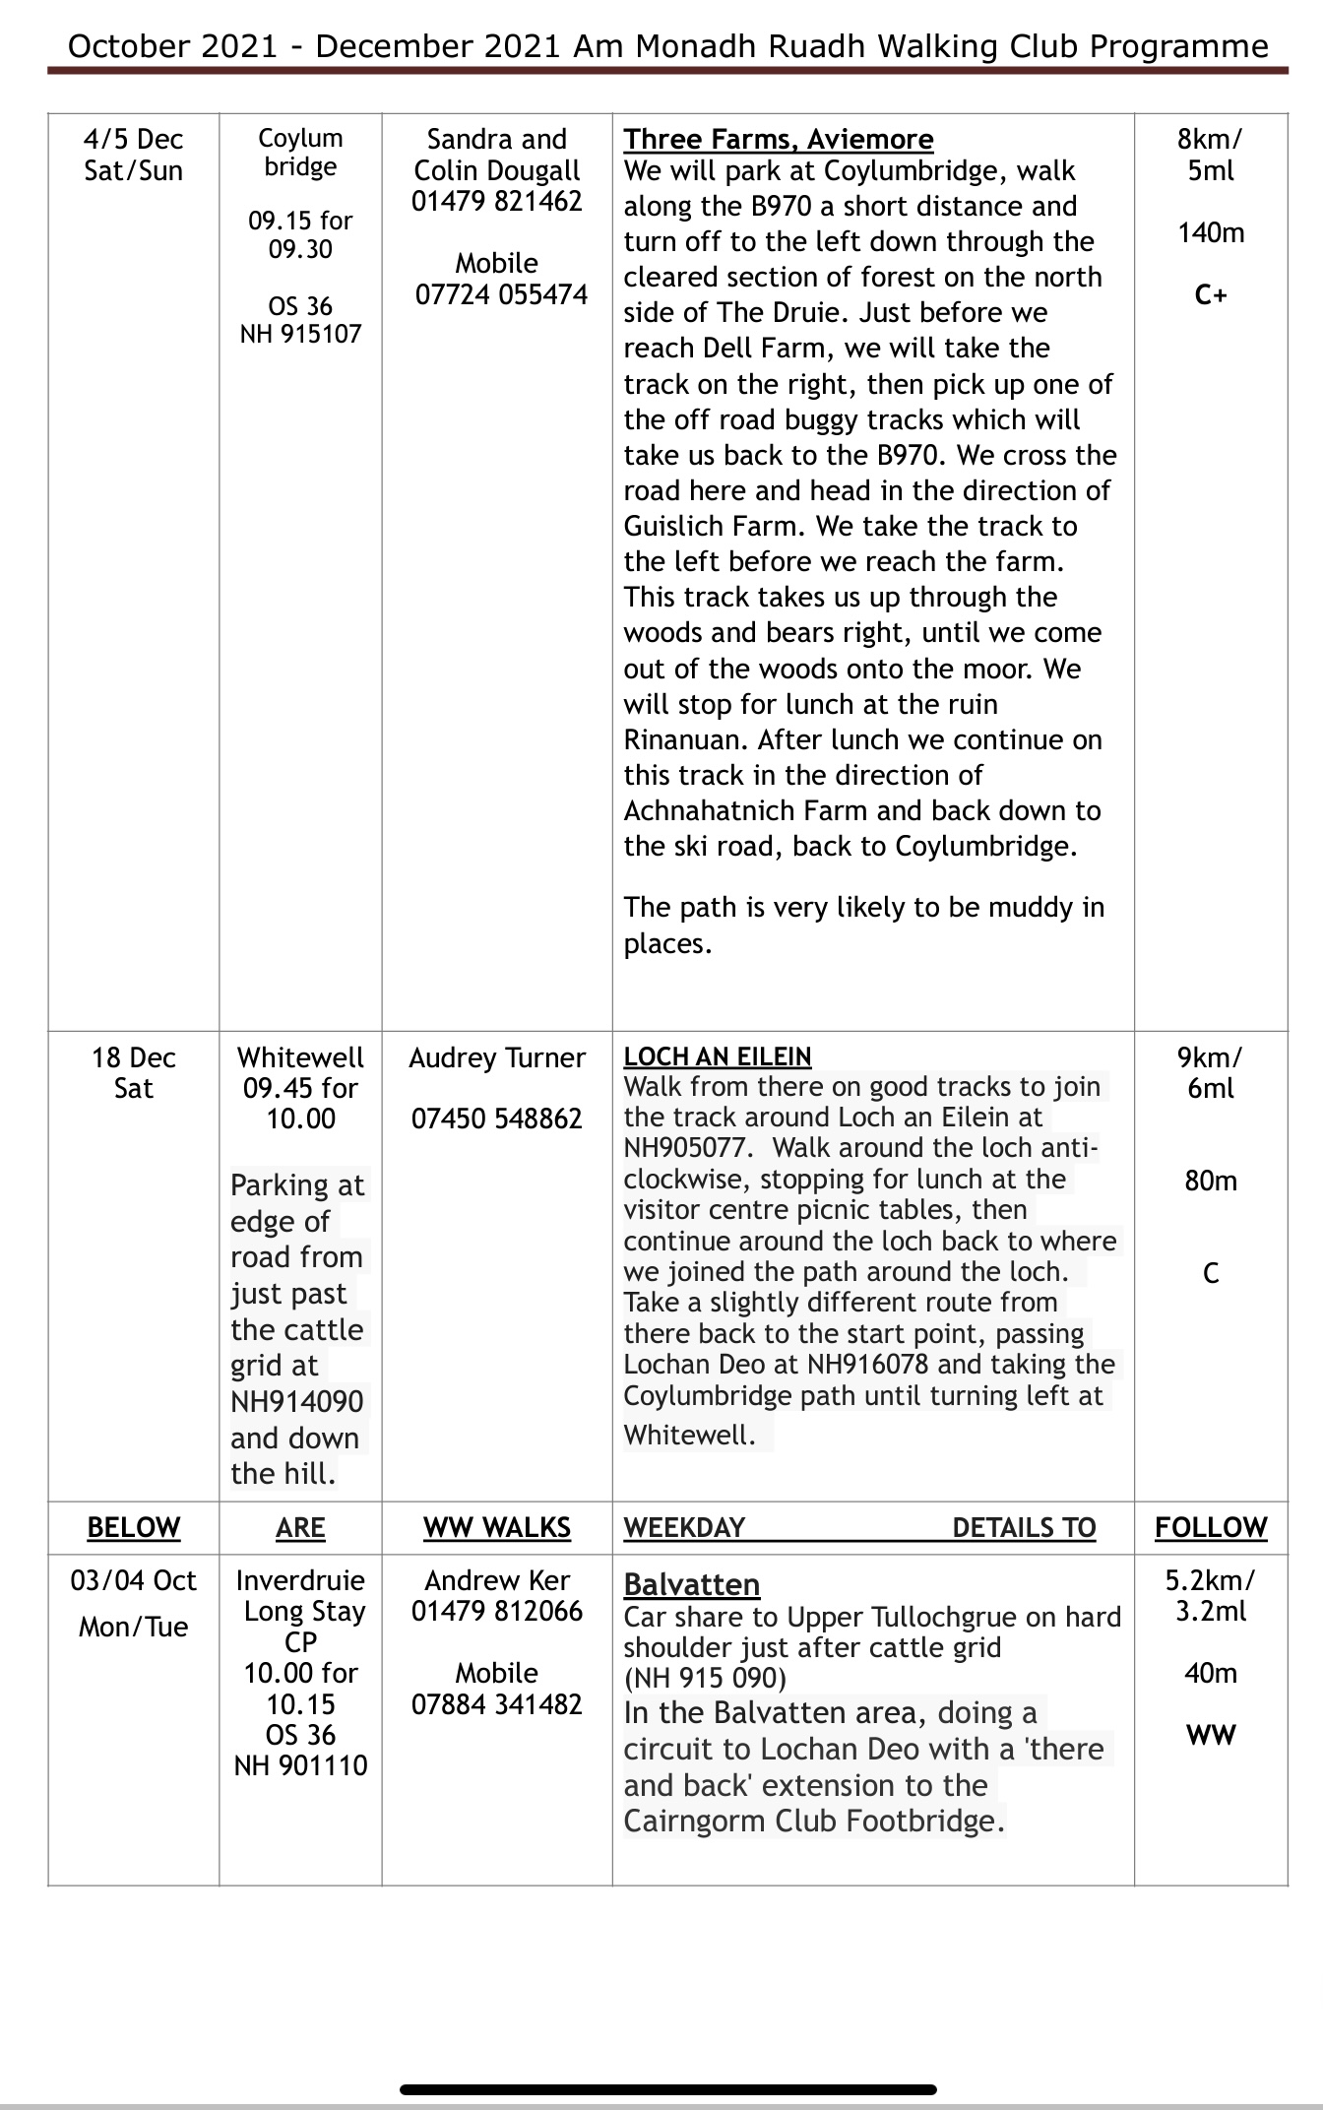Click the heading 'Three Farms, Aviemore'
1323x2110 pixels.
pyautogui.click(x=778, y=139)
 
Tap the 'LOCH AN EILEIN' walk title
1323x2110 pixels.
pyautogui.click(x=717, y=1056)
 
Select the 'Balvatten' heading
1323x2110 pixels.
pyautogui.click(x=691, y=1584)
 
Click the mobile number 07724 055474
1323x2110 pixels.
pyautogui.click(x=501, y=294)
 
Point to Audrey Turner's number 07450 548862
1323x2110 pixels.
pyautogui.click(x=496, y=1119)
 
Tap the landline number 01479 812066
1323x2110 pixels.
pyautogui.click(x=496, y=1611)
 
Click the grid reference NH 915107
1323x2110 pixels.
pyautogui.click(x=300, y=334)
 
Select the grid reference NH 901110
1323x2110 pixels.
pyautogui.click(x=300, y=1765)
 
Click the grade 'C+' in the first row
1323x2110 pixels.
pyautogui.click(x=1210, y=294)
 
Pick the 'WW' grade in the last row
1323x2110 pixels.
pyautogui.click(x=1210, y=1735)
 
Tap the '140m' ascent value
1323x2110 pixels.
pyautogui.click(x=1210, y=233)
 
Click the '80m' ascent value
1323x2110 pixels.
pyautogui.click(x=1210, y=1181)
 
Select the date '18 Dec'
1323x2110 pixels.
pyautogui.click(x=133, y=1057)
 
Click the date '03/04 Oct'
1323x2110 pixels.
pyautogui.click(x=133, y=1580)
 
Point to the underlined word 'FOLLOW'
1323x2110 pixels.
pyautogui.click(x=1210, y=1527)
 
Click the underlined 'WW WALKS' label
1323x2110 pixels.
pyautogui.click(x=496, y=1527)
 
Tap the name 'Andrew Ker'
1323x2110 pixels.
pyautogui.click(x=496, y=1580)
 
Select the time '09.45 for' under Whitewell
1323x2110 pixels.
pyautogui.click(x=300, y=1088)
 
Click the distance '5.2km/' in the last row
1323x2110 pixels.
pyautogui.click(x=1210, y=1580)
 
